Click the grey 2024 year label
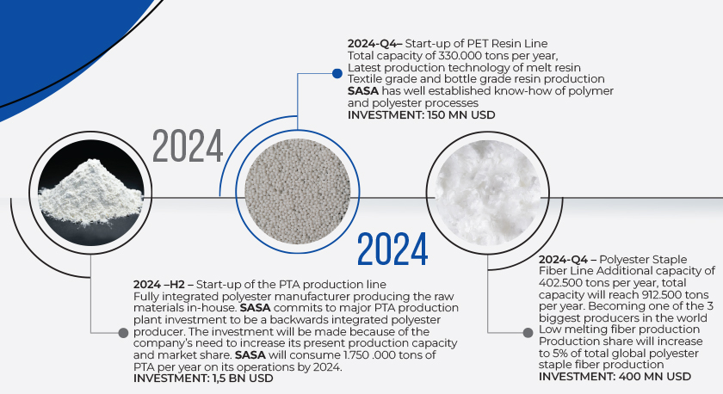188,145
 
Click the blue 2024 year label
392,249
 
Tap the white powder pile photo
90,192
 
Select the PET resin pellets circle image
298,192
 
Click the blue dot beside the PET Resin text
337,73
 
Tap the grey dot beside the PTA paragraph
123,333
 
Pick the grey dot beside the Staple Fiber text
528,333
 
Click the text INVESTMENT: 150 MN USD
422,114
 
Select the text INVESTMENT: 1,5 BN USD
203,379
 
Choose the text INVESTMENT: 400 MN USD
615,377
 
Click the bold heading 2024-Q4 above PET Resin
375,44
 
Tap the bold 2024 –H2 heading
164,285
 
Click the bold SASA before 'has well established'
363,91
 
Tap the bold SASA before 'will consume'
250,354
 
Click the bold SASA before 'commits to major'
256,308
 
